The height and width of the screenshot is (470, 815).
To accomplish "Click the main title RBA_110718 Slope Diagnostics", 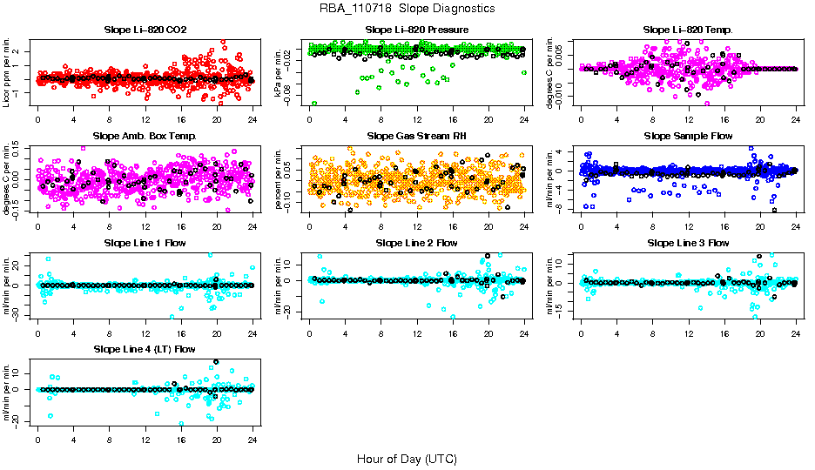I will [407, 8].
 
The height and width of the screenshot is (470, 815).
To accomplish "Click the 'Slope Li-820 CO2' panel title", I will [145, 30].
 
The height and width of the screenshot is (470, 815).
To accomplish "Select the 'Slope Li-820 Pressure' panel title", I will [416, 30].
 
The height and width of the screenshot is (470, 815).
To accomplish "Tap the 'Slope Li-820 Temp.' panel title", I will [688, 30].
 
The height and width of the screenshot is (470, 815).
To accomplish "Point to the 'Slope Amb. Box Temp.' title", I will [145, 137].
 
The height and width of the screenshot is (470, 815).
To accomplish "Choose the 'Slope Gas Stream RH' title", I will [416, 137].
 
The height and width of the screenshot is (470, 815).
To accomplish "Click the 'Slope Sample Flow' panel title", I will [688, 137].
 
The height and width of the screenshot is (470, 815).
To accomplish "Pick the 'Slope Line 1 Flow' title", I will [145, 243].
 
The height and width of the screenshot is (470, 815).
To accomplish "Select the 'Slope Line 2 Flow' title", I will [416, 243].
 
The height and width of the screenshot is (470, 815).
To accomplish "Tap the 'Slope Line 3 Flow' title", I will [688, 243].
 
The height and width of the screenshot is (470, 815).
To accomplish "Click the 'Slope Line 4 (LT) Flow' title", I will [145, 349].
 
